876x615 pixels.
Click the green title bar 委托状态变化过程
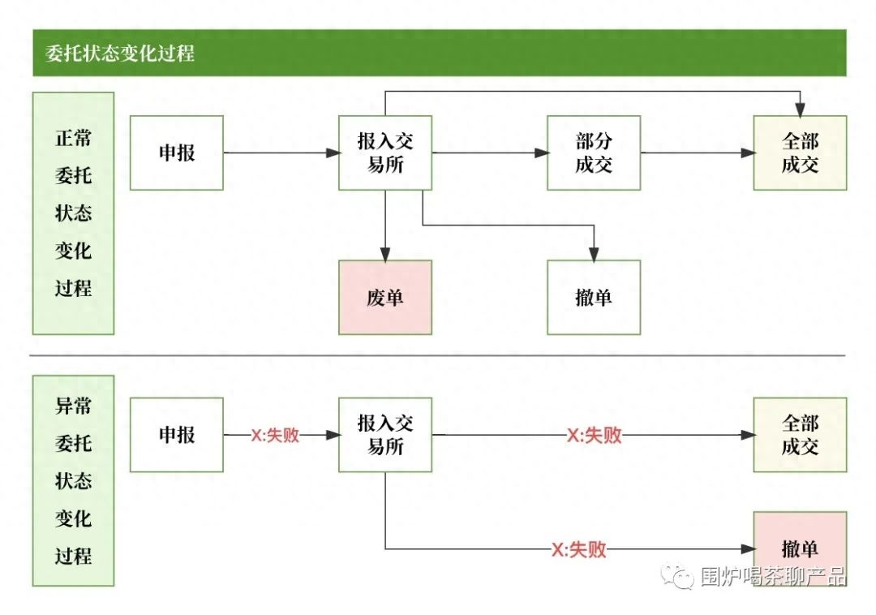point(439,54)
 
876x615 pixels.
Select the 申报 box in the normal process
point(177,153)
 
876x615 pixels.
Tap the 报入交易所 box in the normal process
point(385,153)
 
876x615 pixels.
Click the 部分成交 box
point(594,153)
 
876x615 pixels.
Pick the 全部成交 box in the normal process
point(800,153)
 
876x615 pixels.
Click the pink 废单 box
point(385,297)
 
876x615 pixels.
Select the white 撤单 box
point(594,297)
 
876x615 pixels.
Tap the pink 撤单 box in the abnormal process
point(800,548)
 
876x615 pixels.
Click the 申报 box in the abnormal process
point(177,435)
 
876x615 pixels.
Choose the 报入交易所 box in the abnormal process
point(385,435)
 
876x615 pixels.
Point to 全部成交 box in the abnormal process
point(800,435)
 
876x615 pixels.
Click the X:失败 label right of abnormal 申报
point(275,436)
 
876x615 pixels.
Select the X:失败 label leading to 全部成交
point(595,436)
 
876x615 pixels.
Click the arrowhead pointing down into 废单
point(385,254)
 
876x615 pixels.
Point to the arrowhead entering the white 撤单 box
point(594,254)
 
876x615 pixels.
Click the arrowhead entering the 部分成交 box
point(541,153)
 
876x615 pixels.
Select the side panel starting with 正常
point(73,213)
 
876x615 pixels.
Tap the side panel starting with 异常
point(73,480)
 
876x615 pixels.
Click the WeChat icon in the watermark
point(675,575)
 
